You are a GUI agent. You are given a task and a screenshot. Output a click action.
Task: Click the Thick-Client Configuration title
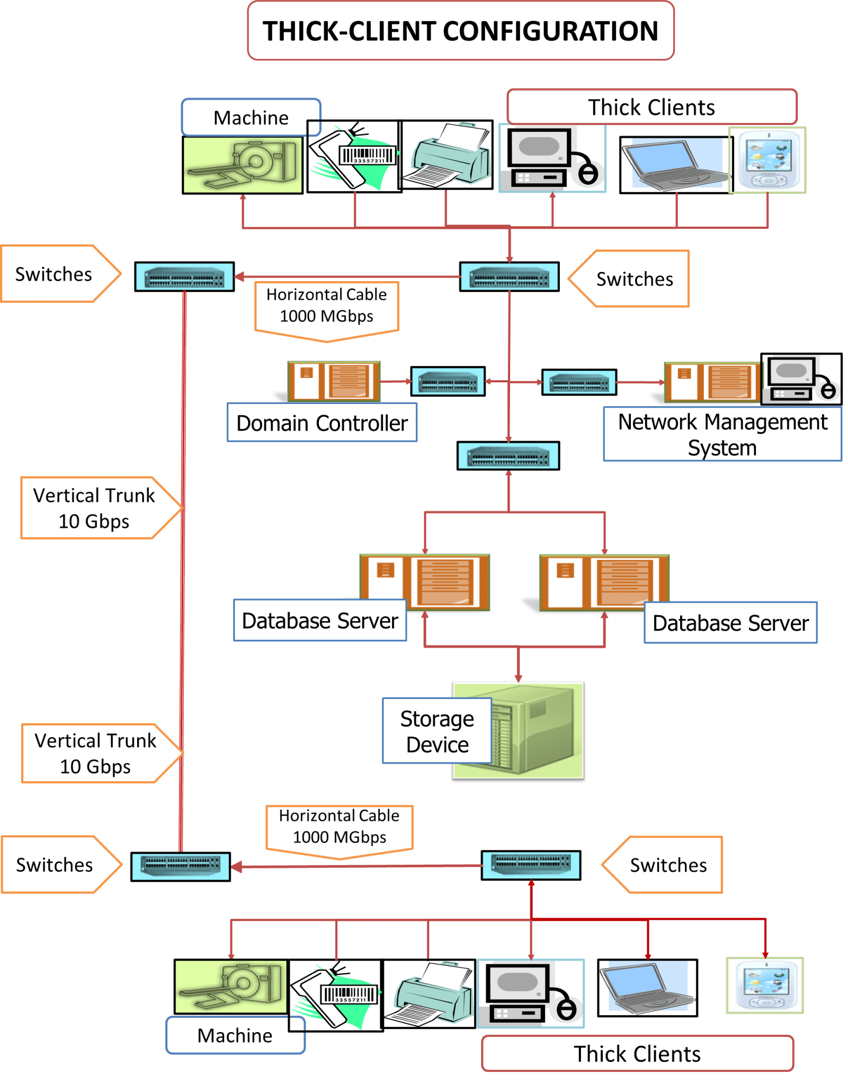coord(460,31)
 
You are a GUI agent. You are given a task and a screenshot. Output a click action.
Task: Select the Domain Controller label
coord(322,423)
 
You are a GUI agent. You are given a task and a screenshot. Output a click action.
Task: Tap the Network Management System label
coord(722,434)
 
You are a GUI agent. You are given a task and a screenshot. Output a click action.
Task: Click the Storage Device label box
coord(437,731)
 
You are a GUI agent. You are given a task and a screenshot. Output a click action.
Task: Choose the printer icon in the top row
coord(448,155)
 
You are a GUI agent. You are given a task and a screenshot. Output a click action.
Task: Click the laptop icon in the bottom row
coord(647,988)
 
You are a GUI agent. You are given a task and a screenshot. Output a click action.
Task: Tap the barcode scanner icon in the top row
coord(354,157)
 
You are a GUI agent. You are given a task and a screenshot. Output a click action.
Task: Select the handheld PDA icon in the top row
coord(767,160)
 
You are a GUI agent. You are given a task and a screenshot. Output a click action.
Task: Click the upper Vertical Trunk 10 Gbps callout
coord(95,508)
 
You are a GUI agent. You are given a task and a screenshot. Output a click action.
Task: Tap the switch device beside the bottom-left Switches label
coord(181,866)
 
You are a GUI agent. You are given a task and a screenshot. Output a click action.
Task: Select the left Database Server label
coord(320,621)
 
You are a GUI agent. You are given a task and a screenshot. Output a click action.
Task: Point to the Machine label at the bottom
coord(235,1035)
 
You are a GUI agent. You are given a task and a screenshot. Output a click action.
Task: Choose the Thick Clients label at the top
coord(651,107)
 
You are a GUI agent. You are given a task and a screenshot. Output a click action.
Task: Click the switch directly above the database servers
coord(508,456)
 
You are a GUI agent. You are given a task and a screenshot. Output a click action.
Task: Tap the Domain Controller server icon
coord(334,381)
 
